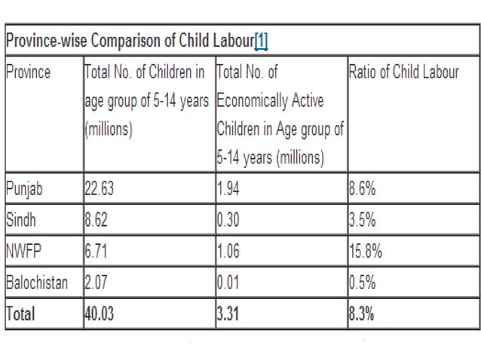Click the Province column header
[28, 74]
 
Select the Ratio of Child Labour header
[403, 74]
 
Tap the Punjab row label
[24, 189]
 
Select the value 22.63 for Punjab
[99, 189]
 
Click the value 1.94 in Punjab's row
[228, 189]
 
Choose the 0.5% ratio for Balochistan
[363, 284]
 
